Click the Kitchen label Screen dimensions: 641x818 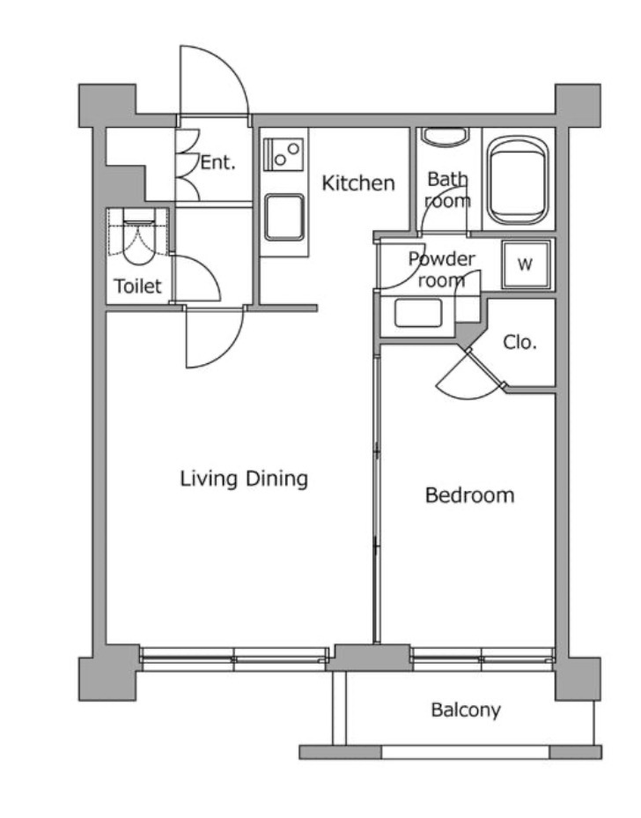(358, 183)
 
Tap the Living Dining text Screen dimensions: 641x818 (244, 479)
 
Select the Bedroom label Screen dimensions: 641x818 (469, 495)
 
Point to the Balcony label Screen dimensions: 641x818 (466, 710)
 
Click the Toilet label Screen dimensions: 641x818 (137, 286)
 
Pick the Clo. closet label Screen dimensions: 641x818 (519, 342)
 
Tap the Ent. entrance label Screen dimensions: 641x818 (218, 162)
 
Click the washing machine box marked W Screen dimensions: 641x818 (526, 264)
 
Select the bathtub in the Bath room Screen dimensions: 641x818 (518, 181)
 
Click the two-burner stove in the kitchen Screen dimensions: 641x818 (283, 154)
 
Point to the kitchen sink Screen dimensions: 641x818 (284, 217)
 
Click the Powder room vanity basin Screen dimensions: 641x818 (418, 314)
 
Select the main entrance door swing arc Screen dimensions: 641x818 (229, 68)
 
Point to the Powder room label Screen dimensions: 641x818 (442, 269)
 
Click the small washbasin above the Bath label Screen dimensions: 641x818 (445, 137)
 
